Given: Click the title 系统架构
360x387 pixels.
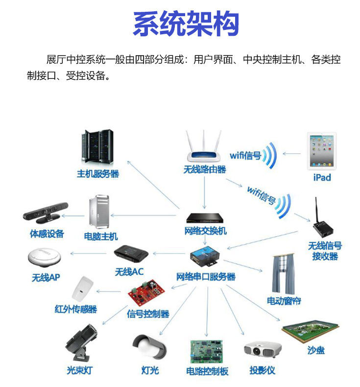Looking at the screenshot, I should point(186,23).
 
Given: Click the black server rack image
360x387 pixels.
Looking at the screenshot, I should point(96,147).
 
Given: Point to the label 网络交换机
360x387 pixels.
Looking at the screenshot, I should point(206,231).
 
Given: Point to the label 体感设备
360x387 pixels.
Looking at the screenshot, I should point(47,234).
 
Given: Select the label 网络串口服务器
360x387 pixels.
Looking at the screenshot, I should point(206,277).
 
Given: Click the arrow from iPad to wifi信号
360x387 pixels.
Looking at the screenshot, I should point(292,153).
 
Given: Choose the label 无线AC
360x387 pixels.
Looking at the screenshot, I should point(129,271).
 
